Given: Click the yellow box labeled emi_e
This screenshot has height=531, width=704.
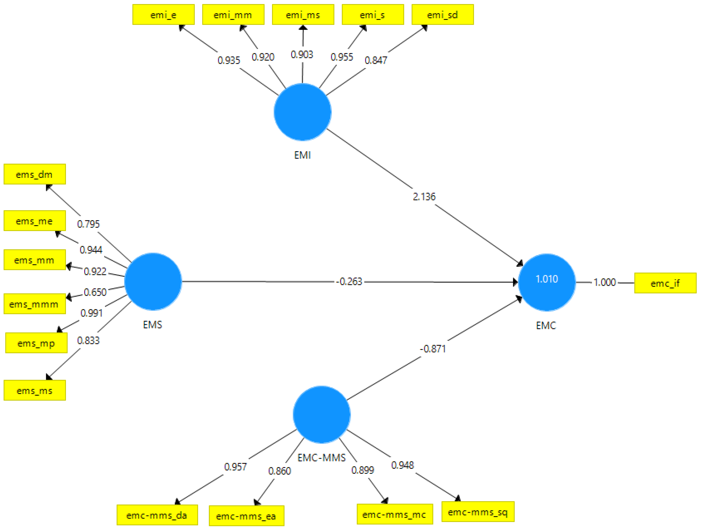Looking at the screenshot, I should coord(163,15).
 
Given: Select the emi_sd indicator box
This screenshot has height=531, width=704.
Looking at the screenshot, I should coord(442,15).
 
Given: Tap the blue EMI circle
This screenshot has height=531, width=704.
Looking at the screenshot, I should coord(302,112).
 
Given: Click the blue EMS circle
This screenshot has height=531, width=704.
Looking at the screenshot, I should coord(153,281).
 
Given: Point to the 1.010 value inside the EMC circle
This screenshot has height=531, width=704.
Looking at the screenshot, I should coord(546,279).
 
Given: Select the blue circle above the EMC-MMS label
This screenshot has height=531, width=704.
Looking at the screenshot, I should coord(321,414).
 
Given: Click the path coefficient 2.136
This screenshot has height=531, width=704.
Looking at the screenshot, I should coord(424,197).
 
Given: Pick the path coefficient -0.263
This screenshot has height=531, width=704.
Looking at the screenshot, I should coord(349,281).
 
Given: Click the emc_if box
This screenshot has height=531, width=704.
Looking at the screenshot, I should coord(665,283).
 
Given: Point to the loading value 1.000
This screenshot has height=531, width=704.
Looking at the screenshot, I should coord(605,282).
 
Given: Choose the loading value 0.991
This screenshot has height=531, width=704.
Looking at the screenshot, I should coord(91,313).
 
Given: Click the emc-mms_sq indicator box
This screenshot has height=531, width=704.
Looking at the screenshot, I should coord(478,512).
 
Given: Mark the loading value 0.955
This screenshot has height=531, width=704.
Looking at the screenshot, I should coord(342,57).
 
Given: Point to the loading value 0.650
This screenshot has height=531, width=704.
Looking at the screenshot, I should coord(95,292).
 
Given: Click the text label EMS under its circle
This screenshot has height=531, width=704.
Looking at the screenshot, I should coord(152,325).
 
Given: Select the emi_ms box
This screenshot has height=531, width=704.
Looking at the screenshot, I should coord(303,15).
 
